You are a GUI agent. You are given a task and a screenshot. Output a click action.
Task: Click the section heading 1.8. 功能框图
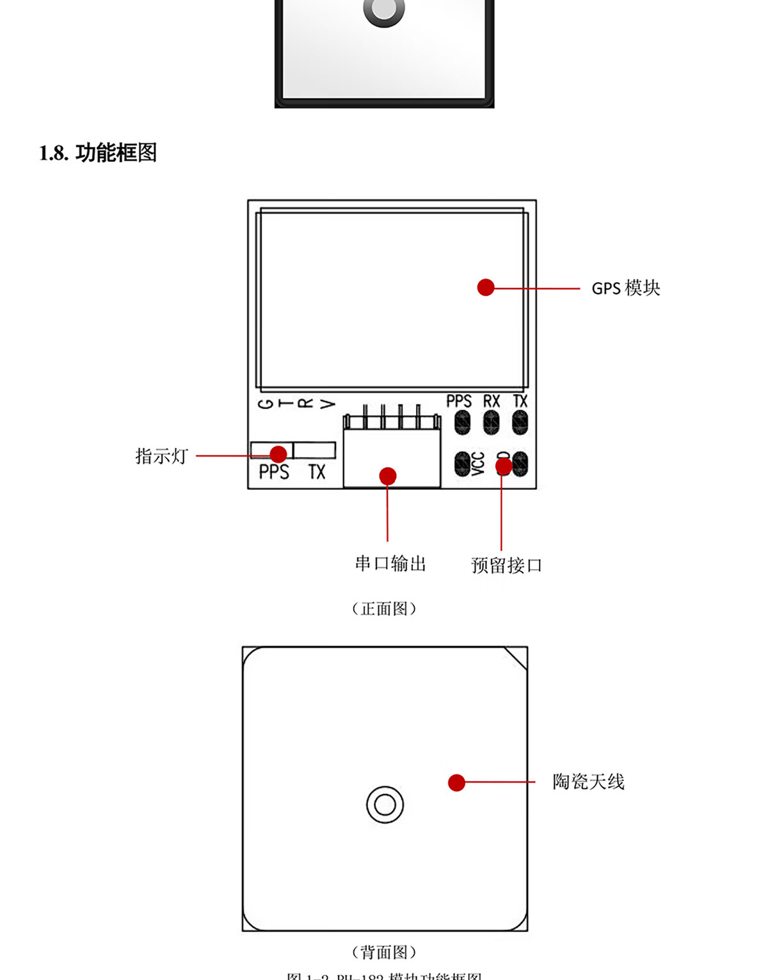click(x=98, y=153)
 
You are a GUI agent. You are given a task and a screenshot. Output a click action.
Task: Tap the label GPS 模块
click(x=625, y=288)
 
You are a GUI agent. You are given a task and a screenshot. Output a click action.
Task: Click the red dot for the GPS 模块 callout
click(x=486, y=287)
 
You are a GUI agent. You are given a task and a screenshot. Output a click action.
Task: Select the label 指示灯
click(x=161, y=456)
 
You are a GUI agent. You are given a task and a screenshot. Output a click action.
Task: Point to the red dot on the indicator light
click(x=278, y=454)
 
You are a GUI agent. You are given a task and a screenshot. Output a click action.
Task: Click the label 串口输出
click(x=390, y=564)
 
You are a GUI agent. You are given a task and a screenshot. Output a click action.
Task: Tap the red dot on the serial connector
click(x=388, y=476)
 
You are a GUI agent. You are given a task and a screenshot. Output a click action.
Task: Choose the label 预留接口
click(x=506, y=565)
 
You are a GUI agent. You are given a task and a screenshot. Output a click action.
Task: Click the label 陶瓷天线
click(x=588, y=782)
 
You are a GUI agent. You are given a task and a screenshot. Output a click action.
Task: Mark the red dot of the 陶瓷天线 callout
click(x=456, y=782)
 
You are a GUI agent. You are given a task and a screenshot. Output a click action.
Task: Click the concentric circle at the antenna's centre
click(x=385, y=804)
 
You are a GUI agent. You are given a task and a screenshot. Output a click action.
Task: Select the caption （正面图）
click(x=384, y=608)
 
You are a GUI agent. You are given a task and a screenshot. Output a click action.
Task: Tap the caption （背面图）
click(x=384, y=952)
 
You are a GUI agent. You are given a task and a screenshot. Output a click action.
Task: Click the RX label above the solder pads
click(x=491, y=402)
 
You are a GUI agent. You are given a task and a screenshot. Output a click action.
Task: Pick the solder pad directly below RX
click(x=491, y=422)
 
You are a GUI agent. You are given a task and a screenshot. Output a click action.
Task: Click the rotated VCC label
click(x=478, y=464)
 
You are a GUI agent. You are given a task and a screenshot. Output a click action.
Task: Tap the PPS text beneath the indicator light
click(x=274, y=472)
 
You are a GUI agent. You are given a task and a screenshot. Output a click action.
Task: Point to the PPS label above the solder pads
click(x=459, y=402)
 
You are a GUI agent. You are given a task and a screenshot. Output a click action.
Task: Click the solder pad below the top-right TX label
click(x=520, y=422)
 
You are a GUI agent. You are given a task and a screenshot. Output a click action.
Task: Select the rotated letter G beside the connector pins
click(x=266, y=404)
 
